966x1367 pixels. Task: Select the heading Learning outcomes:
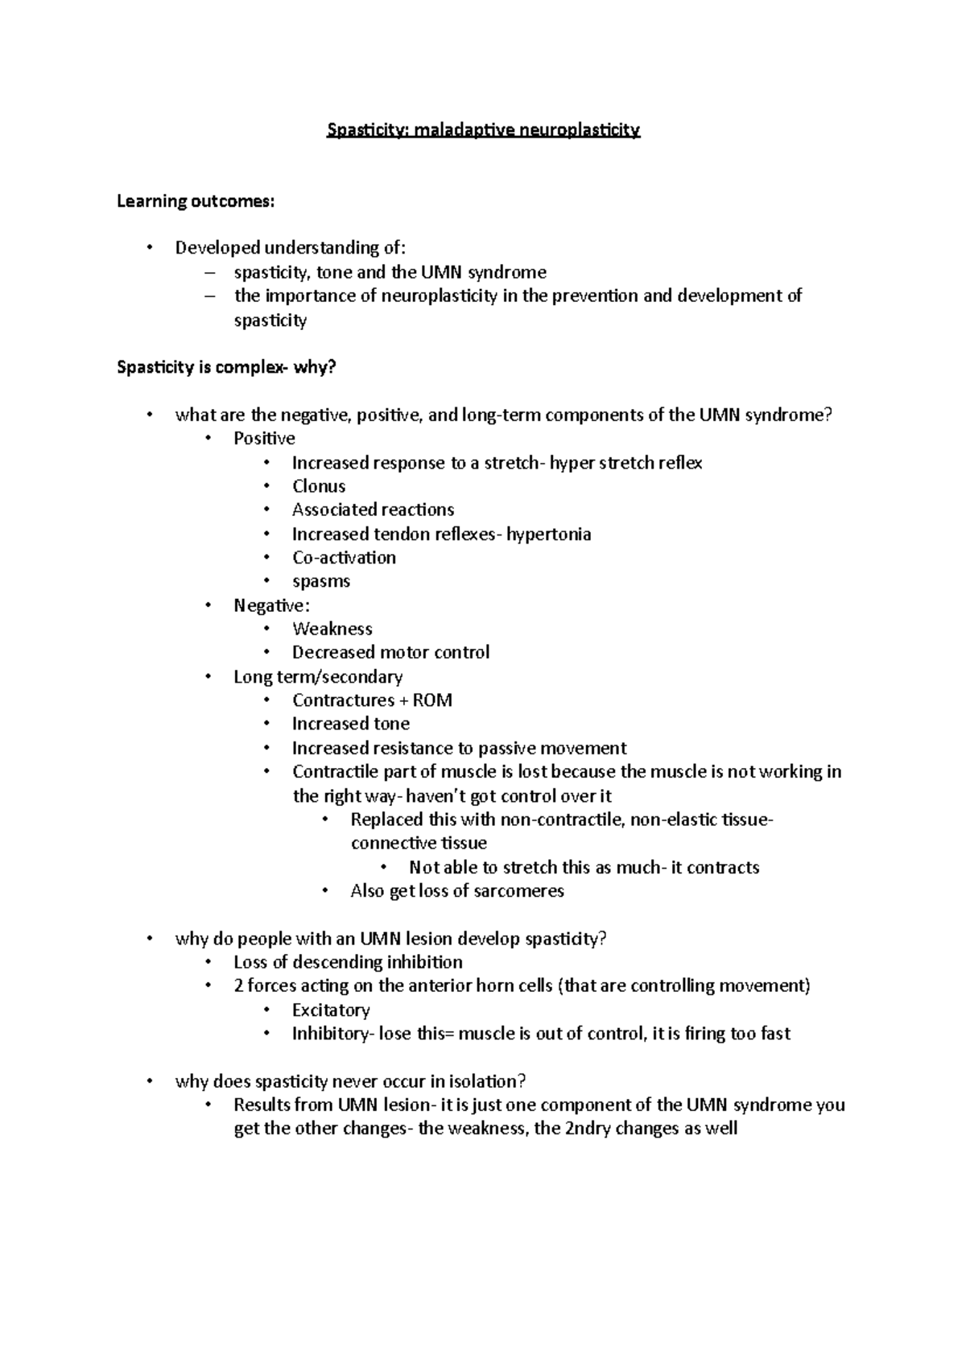(x=196, y=201)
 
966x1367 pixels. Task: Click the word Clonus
(x=319, y=486)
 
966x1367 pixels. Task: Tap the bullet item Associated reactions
(x=373, y=510)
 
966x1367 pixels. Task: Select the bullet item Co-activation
(x=344, y=557)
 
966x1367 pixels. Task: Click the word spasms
(x=321, y=581)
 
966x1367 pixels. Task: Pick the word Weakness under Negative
(x=332, y=629)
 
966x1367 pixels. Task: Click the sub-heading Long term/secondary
(x=318, y=676)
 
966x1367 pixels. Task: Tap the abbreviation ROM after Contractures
(x=433, y=700)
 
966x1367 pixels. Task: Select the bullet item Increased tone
(x=351, y=724)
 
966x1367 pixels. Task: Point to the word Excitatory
(x=331, y=1010)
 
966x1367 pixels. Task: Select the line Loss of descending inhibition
(x=348, y=962)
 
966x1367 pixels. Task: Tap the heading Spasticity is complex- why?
(x=226, y=368)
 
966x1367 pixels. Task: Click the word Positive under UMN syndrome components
(x=264, y=439)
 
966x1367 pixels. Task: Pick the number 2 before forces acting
(x=238, y=986)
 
